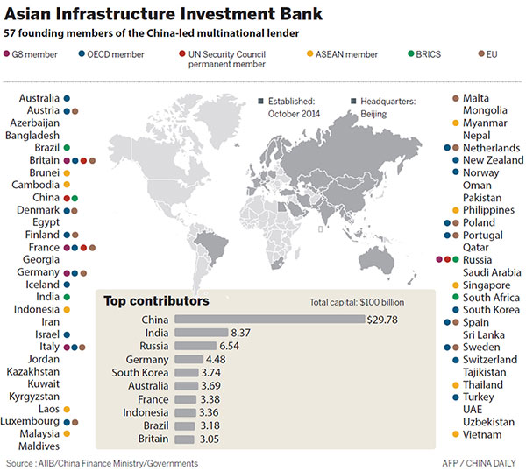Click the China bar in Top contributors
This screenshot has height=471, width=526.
[x=269, y=320]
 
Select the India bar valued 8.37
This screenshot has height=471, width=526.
[x=201, y=333]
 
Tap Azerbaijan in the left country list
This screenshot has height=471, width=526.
[x=33, y=123]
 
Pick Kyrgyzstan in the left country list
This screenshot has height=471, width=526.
[x=33, y=397]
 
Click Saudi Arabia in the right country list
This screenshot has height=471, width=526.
[x=492, y=272]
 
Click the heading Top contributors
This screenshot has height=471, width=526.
[x=157, y=300]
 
